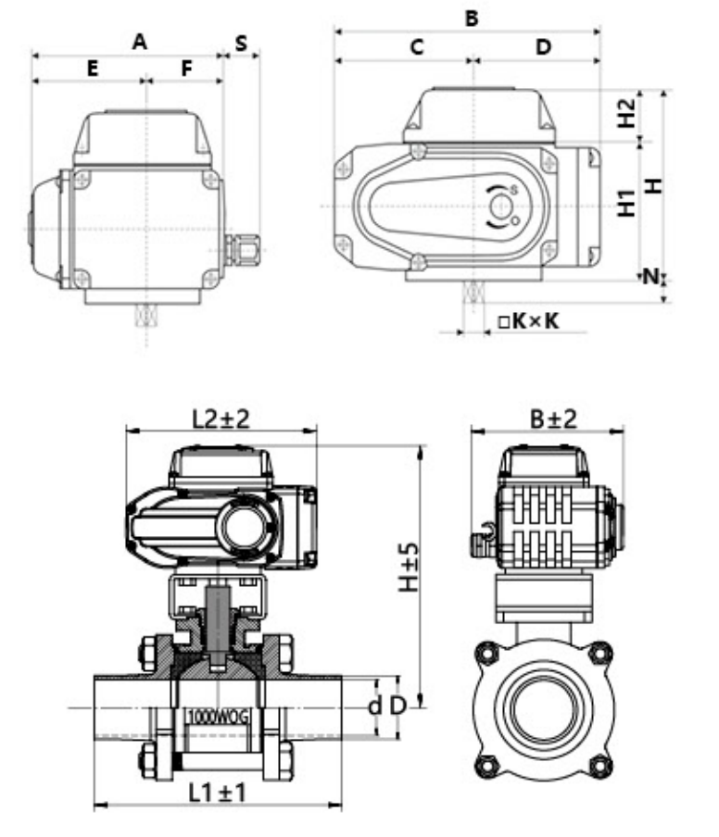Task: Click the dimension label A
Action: click(140, 41)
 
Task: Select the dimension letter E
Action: click(92, 68)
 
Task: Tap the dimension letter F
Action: click(186, 68)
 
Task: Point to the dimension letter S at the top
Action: click(241, 43)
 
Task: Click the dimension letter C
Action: click(417, 46)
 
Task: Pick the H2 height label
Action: click(627, 114)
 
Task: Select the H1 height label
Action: click(627, 203)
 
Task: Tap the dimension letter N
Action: click(652, 276)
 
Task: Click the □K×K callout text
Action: click(527, 320)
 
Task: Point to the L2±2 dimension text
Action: click(221, 418)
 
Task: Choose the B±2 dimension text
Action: click(553, 418)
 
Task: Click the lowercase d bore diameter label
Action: click(374, 706)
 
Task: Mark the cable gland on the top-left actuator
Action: click(243, 247)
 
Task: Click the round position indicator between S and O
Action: click(501, 206)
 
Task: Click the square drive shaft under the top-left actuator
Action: click(145, 316)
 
